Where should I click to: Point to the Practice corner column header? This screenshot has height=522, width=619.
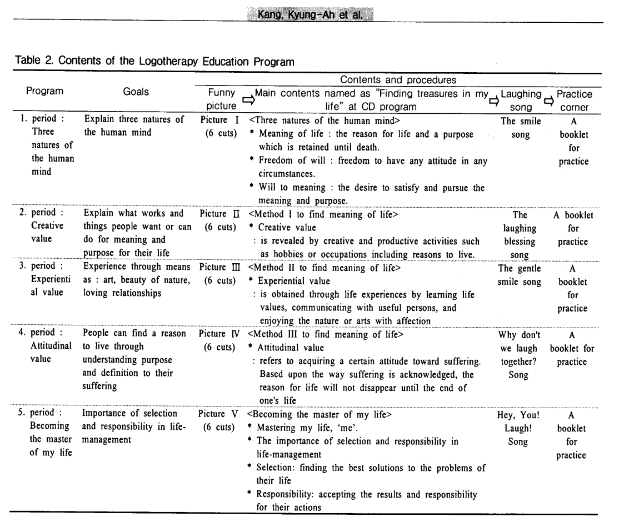574,99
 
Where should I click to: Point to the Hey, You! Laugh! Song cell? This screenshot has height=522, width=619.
520,429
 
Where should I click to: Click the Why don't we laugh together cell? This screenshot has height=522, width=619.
520,355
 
